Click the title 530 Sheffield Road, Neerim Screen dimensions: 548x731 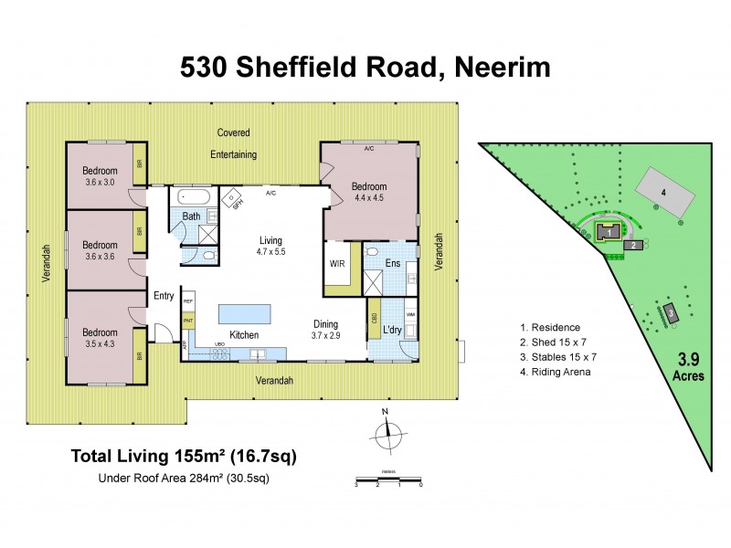tap(365, 67)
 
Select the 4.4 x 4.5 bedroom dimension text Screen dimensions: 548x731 tap(371, 196)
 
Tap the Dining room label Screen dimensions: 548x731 tap(325, 324)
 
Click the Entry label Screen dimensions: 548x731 tap(164, 295)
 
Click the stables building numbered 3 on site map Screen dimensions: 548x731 tap(671, 313)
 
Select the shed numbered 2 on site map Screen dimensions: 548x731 tap(631, 244)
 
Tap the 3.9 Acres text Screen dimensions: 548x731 tap(692, 366)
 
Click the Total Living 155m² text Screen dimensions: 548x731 tap(183, 455)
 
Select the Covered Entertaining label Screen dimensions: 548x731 tap(233, 143)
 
